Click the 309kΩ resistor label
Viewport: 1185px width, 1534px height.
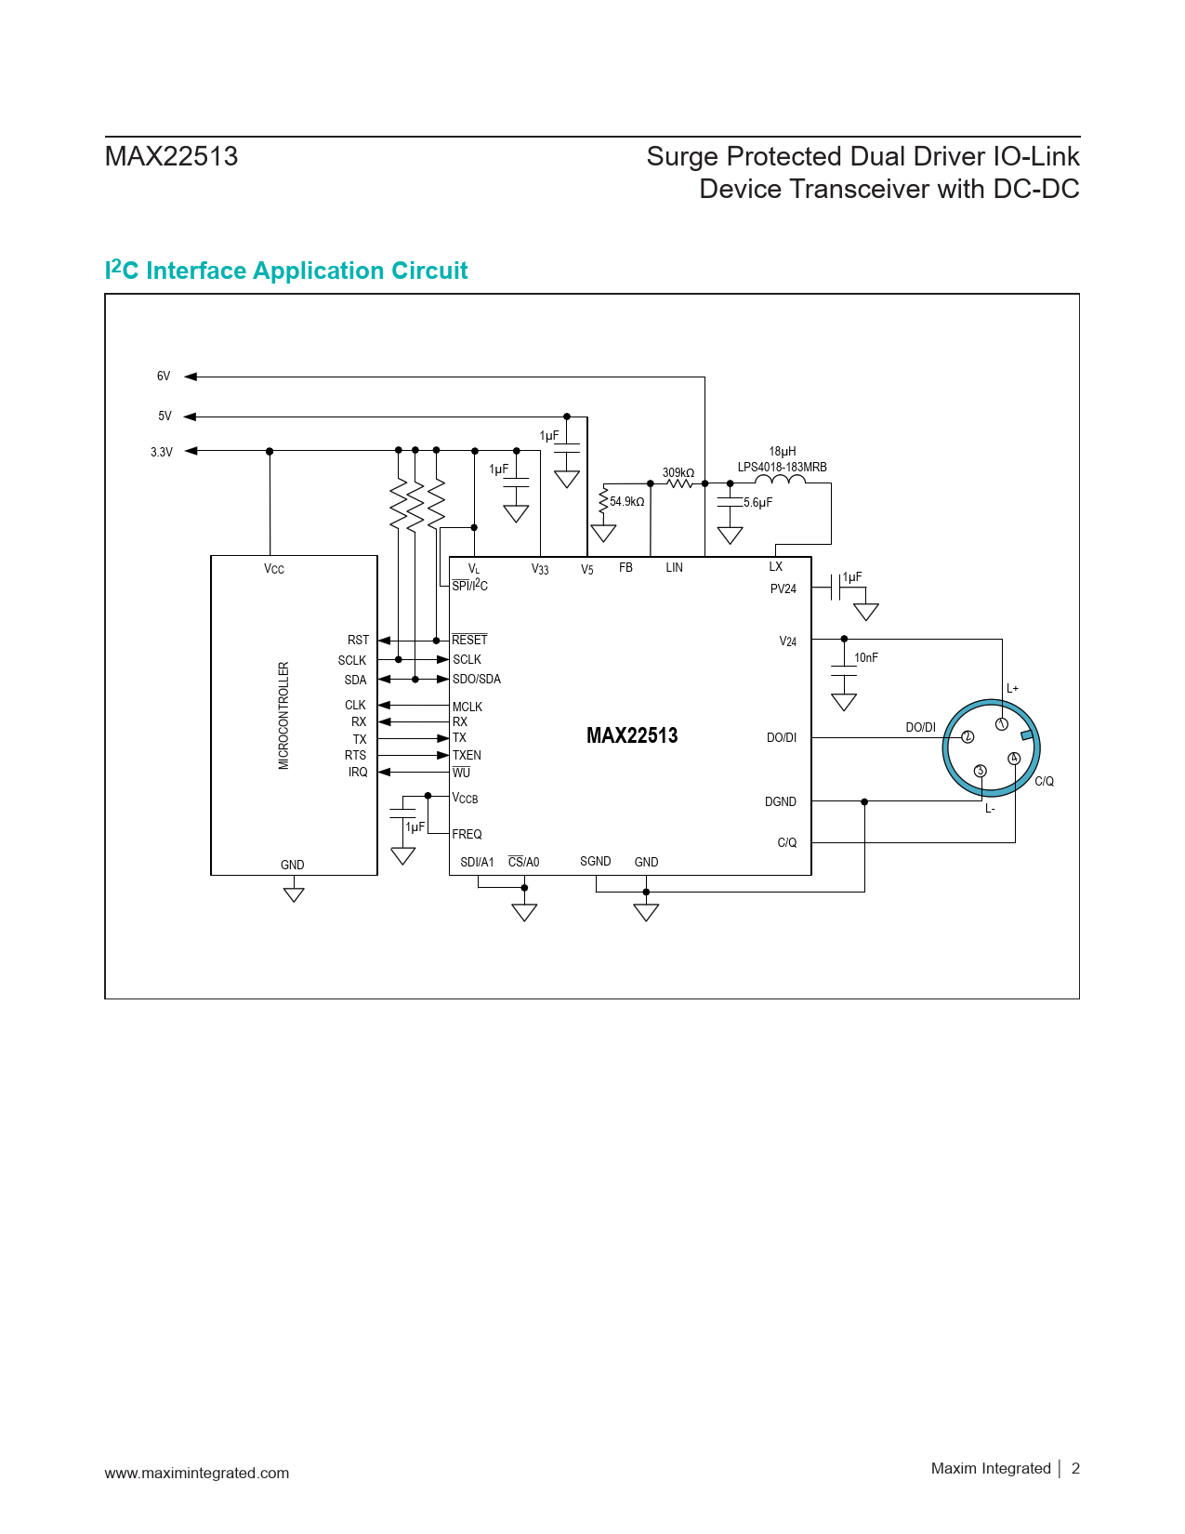(x=678, y=472)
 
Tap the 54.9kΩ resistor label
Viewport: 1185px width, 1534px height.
(x=626, y=502)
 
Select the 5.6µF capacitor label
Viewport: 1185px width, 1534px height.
(x=757, y=503)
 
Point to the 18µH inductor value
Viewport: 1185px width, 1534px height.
(x=782, y=452)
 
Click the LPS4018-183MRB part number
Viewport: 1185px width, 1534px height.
(x=782, y=468)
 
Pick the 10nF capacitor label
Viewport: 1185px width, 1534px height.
(x=865, y=658)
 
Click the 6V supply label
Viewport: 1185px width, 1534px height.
(x=164, y=377)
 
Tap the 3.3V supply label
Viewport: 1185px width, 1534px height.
(x=162, y=453)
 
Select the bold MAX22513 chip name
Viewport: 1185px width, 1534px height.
(x=632, y=736)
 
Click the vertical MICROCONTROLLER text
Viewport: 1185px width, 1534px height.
(x=283, y=715)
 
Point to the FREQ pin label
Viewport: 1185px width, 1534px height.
(x=467, y=835)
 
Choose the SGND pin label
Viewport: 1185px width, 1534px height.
(x=595, y=862)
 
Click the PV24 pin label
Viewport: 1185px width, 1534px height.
(x=783, y=589)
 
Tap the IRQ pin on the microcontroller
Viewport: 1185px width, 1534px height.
(x=358, y=773)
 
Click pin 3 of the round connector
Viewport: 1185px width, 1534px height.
(x=980, y=771)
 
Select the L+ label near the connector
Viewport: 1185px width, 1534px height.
(x=1012, y=689)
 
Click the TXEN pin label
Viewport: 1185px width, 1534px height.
(x=467, y=756)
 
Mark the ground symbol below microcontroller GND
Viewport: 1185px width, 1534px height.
(x=294, y=894)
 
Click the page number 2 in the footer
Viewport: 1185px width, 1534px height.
(x=1075, y=1469)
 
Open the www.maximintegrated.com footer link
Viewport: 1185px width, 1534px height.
(x=197, y=1474)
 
